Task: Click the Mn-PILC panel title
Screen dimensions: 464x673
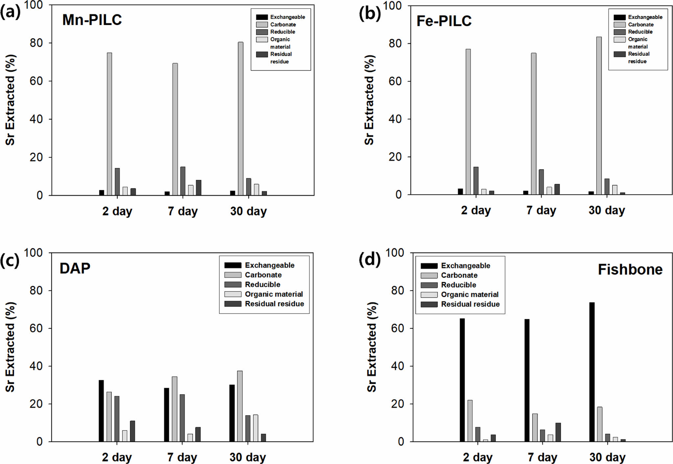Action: pos(92,20)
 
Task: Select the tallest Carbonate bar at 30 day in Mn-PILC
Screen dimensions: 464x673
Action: pos(241,118)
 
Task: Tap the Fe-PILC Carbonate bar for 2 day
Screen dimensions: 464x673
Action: pos(468,122)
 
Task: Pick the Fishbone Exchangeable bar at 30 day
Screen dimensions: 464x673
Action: pos(592,372)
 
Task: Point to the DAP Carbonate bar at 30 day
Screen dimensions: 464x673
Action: pos(240,406)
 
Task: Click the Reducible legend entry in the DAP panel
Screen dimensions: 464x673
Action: pos(262,284)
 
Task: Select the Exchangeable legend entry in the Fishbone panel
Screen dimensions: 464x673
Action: pos(465,266)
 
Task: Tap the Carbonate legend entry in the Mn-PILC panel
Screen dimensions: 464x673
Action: pos(283,24)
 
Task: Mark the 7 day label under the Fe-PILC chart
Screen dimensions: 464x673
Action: pos(541,210)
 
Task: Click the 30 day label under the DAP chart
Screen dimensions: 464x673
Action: pos(248,457)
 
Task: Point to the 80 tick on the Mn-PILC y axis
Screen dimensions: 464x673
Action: pos(36,43)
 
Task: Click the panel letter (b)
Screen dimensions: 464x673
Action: pos(370,13)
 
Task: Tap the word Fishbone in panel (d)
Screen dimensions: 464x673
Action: pos(630,270)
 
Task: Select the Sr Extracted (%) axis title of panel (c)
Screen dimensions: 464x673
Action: pos(10,347)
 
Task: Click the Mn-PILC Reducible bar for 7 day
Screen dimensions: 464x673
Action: pos(183,181)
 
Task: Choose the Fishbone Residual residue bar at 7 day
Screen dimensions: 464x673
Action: pos(558,432)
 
